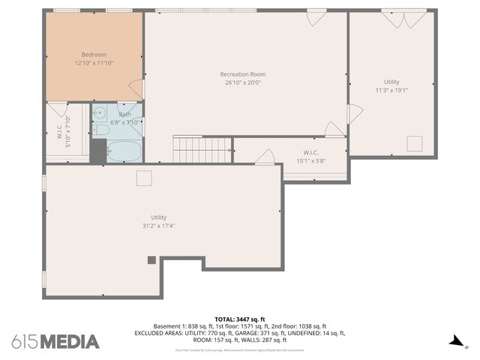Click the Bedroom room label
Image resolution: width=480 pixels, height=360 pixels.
(x=94, y=54)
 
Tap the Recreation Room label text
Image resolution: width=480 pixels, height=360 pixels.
(x=242, y=74)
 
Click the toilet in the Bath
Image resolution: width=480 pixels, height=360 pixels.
(x=100, y=129)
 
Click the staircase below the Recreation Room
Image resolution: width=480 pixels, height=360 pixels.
(x=202, y=149)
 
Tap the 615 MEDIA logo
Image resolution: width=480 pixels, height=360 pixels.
(x=55, y=341)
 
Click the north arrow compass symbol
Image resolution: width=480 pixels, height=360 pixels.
(x=454, y=342)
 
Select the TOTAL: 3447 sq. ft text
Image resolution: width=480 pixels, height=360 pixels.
(x=240, y=319)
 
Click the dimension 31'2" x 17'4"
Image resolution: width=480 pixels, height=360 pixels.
(x=158, y=226)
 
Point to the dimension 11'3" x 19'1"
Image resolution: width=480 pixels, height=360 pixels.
(x=391, y=90)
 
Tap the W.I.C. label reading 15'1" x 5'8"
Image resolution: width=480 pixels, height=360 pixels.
(x=311, y=157)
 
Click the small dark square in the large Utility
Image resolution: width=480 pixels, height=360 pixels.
(x=151, y=260)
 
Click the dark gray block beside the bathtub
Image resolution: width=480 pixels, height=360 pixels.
(x=97, y=151)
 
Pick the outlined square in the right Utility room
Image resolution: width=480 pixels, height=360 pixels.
(x=415, y=144)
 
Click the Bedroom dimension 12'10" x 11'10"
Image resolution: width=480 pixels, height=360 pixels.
(x=94, y=63)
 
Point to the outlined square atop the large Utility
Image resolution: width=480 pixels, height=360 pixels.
(x=144, y=177)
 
